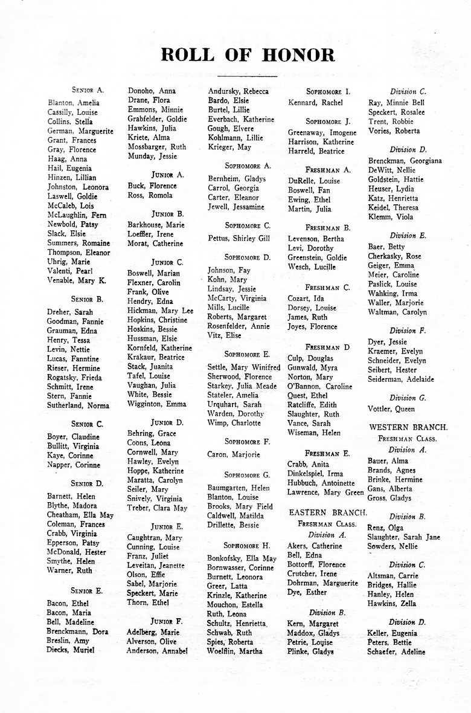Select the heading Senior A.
pyautogui.click(x=88, y=89)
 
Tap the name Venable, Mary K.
pyautogui.click(x=77, y=281)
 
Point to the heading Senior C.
pyautogui.click(x=87, y=424)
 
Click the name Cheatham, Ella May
pyautogui.click(x=80, y=515)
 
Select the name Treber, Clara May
pyautogui.click(x=157, y=508)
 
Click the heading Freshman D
pyautogui.click(x=328, y=347)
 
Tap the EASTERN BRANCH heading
pyautogui.click(x=327, y=512)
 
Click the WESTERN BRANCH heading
pyautogui.click(x=403, y=427)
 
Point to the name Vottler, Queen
pyautogui.click(x=391, y=409)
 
